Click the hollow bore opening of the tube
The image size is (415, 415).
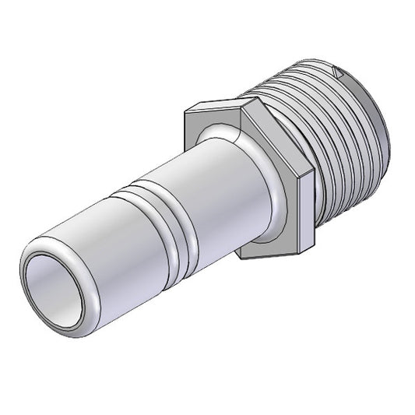click(53, 287)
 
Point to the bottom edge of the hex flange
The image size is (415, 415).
click(273, 255)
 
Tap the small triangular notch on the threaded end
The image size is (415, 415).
click(337, 72)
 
